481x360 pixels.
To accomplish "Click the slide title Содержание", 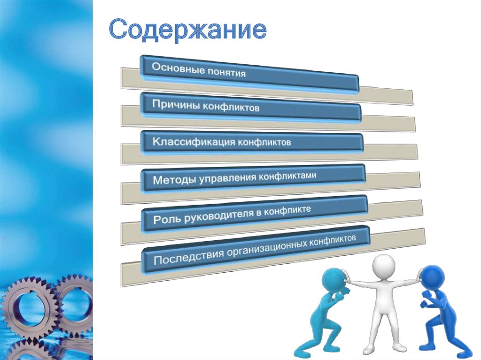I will [x=188, y=30].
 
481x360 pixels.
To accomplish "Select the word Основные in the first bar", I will [x=172, y=69].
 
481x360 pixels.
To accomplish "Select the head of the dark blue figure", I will [x=432, y=277].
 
